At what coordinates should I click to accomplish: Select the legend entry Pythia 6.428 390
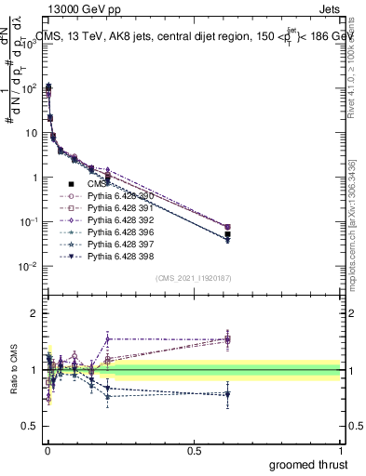115,196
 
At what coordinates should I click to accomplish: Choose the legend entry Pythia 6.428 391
115,208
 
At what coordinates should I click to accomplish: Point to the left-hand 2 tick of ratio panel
34,314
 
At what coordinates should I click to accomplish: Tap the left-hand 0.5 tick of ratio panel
31,427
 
